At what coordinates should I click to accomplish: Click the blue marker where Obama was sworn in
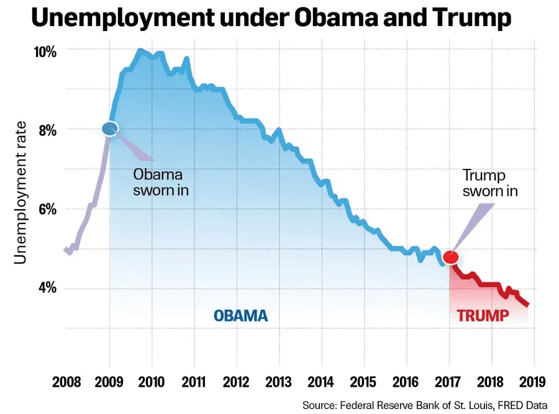[110, 129]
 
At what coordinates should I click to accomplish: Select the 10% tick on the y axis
[45, 50]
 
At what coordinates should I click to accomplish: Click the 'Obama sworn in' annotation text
[160, 182]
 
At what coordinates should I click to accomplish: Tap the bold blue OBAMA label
[241, 315]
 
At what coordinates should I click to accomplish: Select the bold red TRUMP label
[483, 315]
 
